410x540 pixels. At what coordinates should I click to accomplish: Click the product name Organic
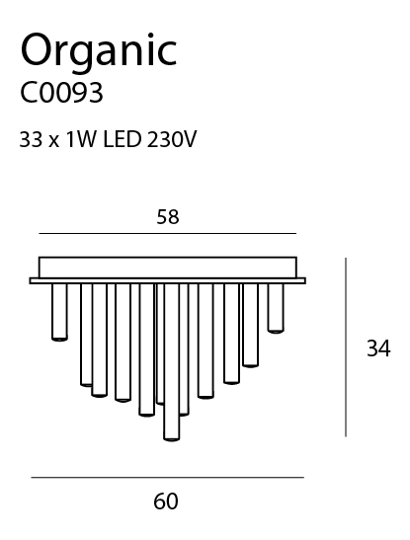click(x=99, y=52)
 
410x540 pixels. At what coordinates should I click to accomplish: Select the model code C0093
click(x=61, y=93)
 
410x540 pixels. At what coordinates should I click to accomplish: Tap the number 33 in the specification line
click(x=31, y=140)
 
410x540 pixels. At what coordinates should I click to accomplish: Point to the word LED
click(x=123, y=140)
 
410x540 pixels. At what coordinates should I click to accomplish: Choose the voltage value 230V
click(x=172, y=140)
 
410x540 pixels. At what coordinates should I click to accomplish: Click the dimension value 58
click(x=168, y=217)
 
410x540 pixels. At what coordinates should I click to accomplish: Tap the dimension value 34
click(x=378, y=348)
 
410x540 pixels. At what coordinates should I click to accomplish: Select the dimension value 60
click(x=166, y=501)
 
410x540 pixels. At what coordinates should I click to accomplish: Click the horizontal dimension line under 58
click(x=168, y=234)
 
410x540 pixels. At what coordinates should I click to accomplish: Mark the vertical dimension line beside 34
click(x=346, y=347)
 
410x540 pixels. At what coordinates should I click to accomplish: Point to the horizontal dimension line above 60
click(x=167, y=478)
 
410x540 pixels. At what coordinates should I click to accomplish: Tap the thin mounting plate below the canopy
click(x=167, y=280)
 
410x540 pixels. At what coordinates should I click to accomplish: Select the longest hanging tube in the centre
click(x=172, y=362)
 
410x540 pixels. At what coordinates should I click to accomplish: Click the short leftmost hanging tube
click(x=59, y=312)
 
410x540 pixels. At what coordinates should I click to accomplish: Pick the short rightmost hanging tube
click(x=276, y=308)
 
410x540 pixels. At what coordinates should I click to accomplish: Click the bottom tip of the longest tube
click(x=172, y=440)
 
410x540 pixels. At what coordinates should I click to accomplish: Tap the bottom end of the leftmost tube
click(x=59, y=340)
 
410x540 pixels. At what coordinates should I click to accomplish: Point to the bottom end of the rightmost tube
click(x=276, y=332)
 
